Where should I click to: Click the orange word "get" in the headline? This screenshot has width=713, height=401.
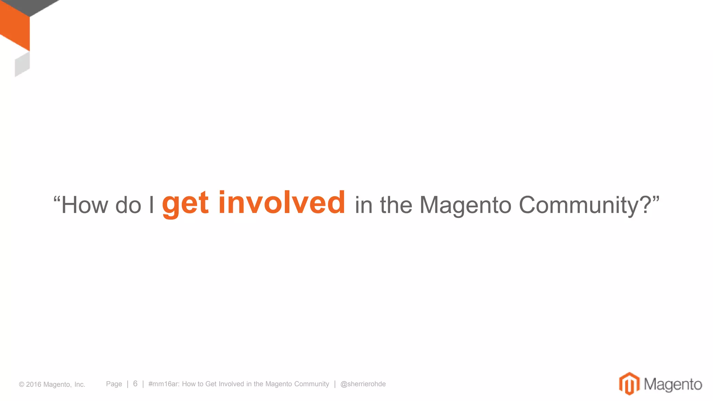[x=185, y=204]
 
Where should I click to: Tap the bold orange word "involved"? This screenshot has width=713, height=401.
[x=282, y=203]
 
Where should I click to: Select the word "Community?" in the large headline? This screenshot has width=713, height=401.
[x=585, y=205]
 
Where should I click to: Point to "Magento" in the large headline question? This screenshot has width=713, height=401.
[x=465, y=205]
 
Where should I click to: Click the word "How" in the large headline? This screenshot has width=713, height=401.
[x=85, y=205]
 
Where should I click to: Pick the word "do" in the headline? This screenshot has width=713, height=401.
[x=128, y=205]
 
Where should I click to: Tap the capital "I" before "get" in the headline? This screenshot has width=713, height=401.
[x=151, y=205]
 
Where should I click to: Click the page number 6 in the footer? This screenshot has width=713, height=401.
[x=135, y=384]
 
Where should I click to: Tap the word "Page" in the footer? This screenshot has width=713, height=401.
[x=114, y=384]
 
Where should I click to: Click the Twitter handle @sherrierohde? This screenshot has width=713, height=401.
[x=363, y=384]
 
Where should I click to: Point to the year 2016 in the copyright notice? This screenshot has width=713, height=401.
[x=34, y=384]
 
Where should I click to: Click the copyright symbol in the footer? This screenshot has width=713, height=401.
[x=22, y=384]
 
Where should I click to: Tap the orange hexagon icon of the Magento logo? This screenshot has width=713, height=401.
[x=629, y=384]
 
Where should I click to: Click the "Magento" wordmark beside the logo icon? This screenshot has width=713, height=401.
[x=673, y=384]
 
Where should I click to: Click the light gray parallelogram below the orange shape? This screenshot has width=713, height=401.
[x=22, y=64]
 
